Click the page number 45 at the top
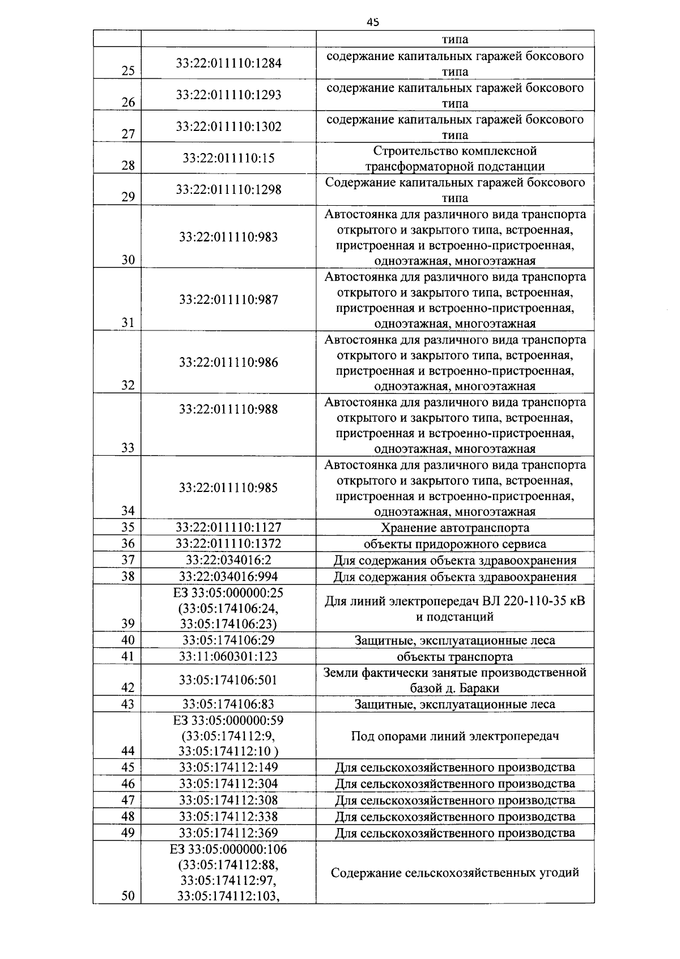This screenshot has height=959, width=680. pos(372,22)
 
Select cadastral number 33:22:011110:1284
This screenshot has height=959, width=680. pos(228,63)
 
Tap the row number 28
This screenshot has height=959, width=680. pos(128,166)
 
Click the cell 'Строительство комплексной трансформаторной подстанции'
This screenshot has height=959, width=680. pos(454,158)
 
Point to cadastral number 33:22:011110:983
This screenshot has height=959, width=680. pos(228,237)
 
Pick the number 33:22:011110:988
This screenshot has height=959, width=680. pos(228,409)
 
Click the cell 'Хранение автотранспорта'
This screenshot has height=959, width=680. pos(454,528)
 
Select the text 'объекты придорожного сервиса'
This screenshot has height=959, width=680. pos(454,544)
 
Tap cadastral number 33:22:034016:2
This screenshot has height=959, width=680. pos(228,561)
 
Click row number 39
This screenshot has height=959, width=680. pos(128,623)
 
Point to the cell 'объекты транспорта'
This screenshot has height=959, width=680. pos(454,657)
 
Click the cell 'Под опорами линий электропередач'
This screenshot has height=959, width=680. pos(454,736)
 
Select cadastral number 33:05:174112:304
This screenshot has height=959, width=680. pos(228,784)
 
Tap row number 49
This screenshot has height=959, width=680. pos(128,833)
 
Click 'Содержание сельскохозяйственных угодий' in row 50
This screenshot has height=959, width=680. pos(454,872)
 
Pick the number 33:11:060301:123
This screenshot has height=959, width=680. pos(228,656)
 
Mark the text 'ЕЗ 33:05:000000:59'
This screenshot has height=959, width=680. pos(228,720)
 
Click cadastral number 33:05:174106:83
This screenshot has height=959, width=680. pos(228,704)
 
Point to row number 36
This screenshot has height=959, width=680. pos(128,544)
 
